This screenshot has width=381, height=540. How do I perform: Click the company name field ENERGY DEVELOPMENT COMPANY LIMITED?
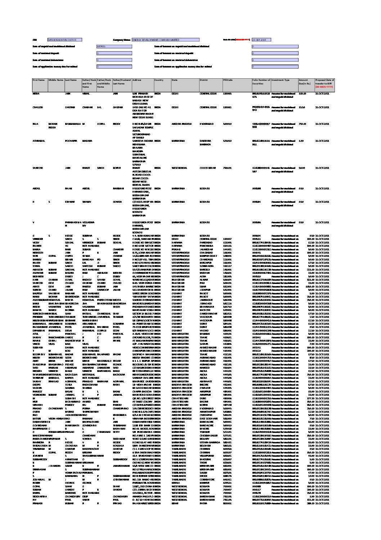(x=155, y=40)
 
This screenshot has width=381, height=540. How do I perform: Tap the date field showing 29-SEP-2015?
(x=261, y=40)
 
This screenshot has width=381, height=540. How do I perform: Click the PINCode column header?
(x=228, y=80)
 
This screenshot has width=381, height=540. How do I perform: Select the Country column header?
(x=159, y=80)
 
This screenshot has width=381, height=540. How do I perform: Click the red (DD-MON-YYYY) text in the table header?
(x=324, y=87)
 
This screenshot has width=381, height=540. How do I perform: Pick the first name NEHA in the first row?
(x=36, y=93)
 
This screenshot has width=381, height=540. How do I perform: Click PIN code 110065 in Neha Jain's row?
(x=227, y=93)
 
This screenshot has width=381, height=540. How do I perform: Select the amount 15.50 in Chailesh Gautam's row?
(x=302, y=107)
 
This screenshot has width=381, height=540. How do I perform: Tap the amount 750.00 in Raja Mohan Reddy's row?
(x=302, y=124)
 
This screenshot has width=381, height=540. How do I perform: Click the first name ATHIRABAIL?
(x=39, y=141)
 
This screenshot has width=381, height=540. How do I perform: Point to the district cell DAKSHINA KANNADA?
(x=205, y=142)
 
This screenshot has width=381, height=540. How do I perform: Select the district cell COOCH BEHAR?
(x=207, y=168)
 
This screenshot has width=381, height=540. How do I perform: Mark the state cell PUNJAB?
(x=176, y=249)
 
